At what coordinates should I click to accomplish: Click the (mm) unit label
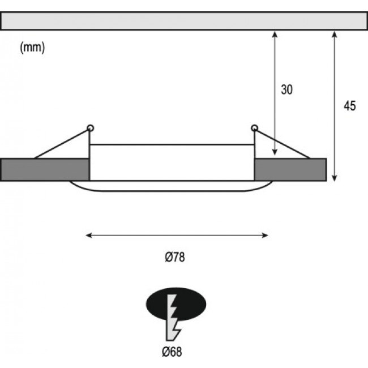pos(32,48)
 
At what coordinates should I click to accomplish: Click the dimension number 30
pos(287,89)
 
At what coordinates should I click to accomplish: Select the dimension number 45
pos(350,106)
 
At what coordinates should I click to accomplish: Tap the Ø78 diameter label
pos(175,257)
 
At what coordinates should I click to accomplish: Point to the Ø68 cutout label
pos(172,352)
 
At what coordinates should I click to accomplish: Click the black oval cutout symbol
pos(176,304)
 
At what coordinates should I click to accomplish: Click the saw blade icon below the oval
pos(173,318)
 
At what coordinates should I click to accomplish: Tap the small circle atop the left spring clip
pos(91,128)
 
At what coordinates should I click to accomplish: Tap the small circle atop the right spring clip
pos(254,128)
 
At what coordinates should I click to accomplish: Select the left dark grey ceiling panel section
pos(45,170)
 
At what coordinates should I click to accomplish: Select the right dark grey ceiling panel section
pos(290,170)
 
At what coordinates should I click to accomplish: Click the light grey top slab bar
pos(184,21)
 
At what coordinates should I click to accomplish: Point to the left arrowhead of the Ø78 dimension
pos(89,235)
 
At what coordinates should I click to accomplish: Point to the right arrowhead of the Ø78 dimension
pos(265,235)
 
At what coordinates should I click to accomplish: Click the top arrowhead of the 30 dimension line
pos(275,35)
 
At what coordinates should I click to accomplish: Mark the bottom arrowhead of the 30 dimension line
pos(275,152)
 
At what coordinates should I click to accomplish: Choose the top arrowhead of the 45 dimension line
pos(335,35)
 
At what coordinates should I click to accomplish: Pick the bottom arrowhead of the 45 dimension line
pos(335,178)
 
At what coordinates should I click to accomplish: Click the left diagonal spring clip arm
pos(62,144)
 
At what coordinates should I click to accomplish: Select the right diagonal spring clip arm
pos(283,144)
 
